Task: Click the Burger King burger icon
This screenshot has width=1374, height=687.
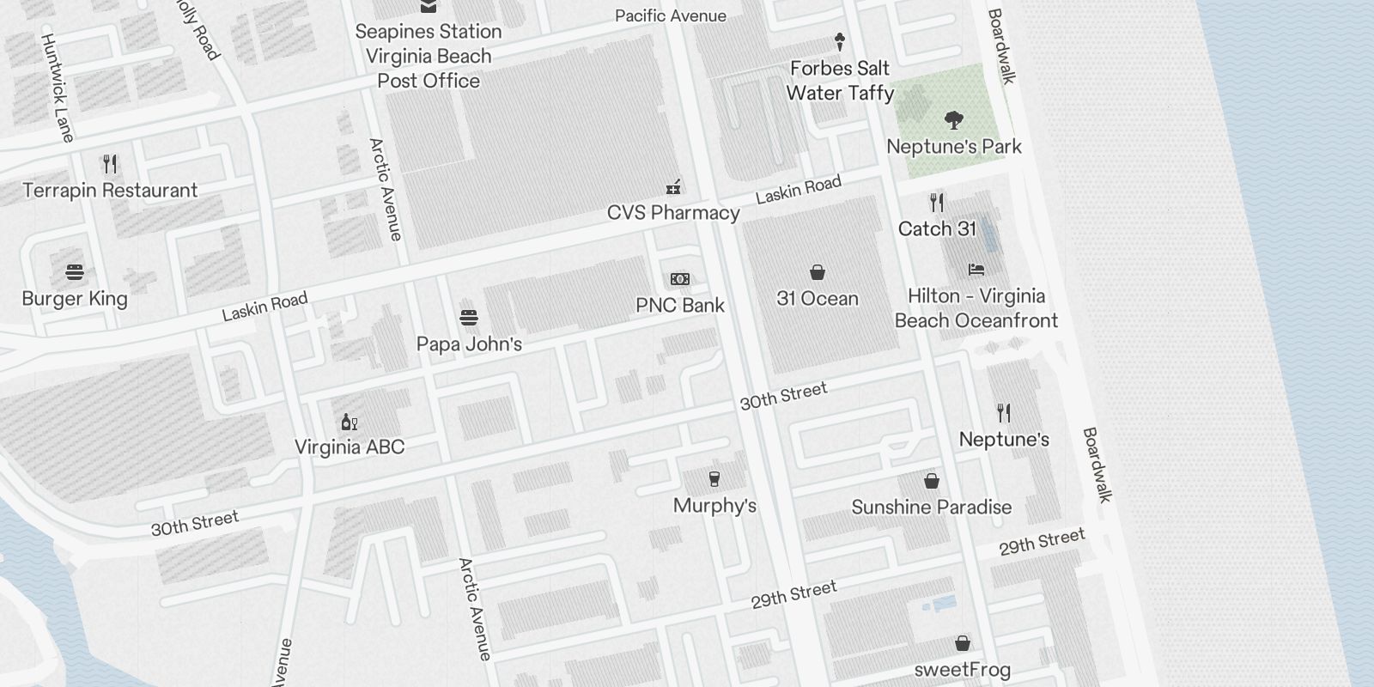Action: pos(75,273)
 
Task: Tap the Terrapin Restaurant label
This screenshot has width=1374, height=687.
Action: pos(110,191)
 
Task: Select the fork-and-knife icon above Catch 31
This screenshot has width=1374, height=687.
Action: pos(937,204)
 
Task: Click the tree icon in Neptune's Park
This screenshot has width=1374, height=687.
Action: pos(953,119)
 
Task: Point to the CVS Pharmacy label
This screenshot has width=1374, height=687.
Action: pos(673,213)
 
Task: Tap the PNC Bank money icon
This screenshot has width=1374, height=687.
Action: pos(680,279)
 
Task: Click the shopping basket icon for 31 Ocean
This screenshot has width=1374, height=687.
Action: pos(818,273)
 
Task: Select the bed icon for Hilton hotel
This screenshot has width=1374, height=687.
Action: pos(976,270)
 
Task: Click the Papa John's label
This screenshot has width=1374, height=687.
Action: pos(469,344)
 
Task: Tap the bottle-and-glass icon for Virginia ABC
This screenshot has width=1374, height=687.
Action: pos(350,422)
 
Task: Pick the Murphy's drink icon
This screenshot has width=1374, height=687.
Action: pos(714,479)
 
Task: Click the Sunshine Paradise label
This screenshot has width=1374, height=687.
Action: pos(932,508)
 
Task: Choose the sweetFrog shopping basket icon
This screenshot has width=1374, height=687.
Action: pos(963,643)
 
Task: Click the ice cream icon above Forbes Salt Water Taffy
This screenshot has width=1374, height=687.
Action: pos(840,41)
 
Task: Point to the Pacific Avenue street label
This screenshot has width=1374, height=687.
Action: pos(671,15)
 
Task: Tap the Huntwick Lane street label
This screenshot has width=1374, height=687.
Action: pos(58,88)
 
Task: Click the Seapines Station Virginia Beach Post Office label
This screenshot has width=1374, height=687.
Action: pos(429,56)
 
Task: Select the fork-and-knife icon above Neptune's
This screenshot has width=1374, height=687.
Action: pos(1004,413)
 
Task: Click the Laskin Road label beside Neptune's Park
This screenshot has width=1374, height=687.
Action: pos(799,189)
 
